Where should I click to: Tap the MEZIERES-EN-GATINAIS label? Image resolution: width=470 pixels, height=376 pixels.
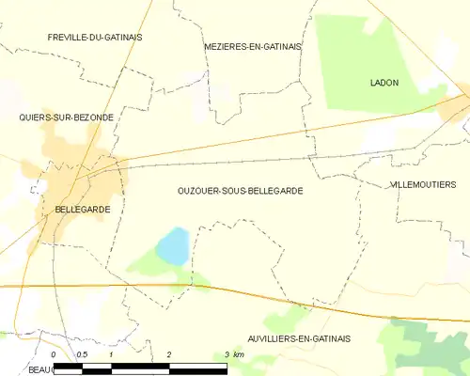253,45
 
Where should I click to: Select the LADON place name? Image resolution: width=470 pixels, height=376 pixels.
384,83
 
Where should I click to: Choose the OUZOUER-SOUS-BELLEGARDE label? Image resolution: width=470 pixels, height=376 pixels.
240,190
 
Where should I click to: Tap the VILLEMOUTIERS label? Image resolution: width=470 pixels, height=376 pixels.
422,185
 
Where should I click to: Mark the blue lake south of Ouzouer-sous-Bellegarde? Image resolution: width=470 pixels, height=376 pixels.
172,247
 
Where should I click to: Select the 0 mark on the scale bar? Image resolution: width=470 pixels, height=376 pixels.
54,353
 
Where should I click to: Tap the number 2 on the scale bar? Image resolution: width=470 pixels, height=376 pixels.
169,353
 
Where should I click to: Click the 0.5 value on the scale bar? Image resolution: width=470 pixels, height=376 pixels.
82,353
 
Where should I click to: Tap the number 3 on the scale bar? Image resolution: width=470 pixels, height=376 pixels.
227,353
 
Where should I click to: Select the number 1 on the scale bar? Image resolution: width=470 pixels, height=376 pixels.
111,353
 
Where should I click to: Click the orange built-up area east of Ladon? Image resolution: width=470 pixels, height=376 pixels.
455,109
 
